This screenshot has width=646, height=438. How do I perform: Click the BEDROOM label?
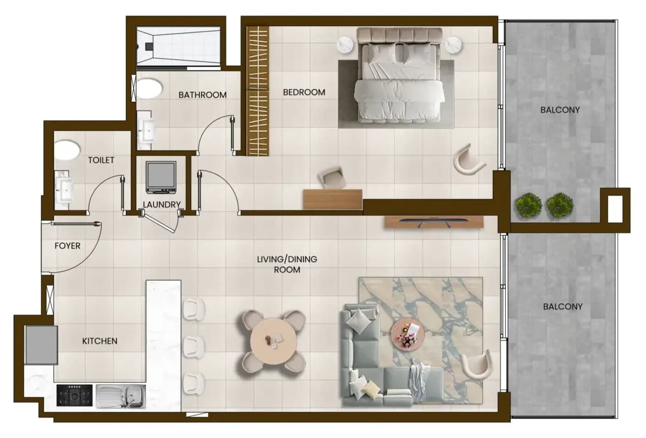pyautogui.click(x=304, y=92)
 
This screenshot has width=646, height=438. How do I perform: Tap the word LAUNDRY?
pyautogui.click(x=162, y=205)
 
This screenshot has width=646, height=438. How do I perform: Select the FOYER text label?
pyautogui.click(x=67, y=246)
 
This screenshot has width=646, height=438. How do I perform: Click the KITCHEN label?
pyautogui.click(x=100, y=341)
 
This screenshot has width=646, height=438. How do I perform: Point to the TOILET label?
pyautogui.click(x=101, y=160)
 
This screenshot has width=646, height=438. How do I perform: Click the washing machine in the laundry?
pyautogui.click(x=161, y=177)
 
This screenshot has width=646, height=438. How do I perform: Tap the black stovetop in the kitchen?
pyautogui.click(x=75, y=395)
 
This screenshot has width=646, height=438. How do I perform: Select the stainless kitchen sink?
pyautogui.click(x=121, y=396)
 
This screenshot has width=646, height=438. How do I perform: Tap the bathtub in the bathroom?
pyautogui.click(x=178, y=46)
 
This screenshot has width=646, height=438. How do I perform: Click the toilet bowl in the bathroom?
pyautogui.click(x=149, y=88)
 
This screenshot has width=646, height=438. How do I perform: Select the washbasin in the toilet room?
pyautogui.click(x=65, y=190)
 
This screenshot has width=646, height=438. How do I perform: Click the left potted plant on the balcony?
pyautogui.click(x=529, y=205)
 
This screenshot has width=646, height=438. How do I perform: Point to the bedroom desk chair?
pyautogui.click(x=331, y=177)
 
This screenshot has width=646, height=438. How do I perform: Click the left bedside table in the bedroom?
pyautogui.click(x=345, y=45)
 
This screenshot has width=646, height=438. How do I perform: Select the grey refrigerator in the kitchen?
pyautogui.click(x=42, y=345)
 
